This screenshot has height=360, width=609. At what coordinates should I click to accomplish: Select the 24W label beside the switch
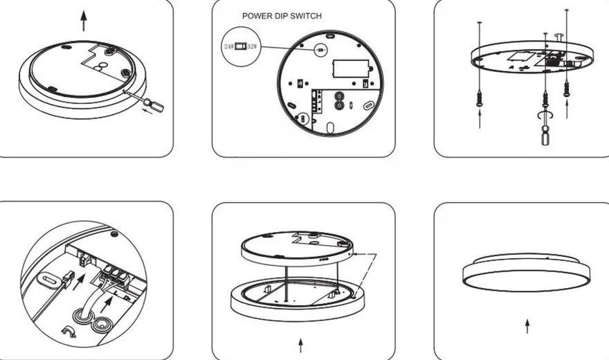pos(229,46)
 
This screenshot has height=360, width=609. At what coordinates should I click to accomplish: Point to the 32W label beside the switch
pos(252,46)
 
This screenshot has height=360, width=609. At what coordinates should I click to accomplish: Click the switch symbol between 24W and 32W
pos(240,46)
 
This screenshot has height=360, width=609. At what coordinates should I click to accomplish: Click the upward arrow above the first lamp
pos(84,21)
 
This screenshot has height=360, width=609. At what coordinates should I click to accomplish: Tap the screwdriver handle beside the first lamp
pos(154,105)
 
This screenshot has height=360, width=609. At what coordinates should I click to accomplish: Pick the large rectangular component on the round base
pos(352,69)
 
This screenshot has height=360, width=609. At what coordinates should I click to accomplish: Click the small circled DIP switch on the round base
pos(320,50)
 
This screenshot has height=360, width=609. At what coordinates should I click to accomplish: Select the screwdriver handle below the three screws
pos(546,135)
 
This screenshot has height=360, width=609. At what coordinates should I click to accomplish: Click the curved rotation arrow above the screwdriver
pos(545,116)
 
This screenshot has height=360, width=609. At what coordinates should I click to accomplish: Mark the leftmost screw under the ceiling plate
pos(480,98)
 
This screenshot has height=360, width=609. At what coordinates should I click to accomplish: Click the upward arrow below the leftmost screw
pos(480,119)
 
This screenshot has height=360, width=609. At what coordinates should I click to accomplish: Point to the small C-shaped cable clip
pos(69,332)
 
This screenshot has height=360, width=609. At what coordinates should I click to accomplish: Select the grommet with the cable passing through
pos(81,314)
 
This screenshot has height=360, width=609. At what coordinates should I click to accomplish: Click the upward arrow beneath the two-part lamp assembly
pos(300,345)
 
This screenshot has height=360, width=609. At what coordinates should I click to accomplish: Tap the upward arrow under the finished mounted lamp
pos(527,326)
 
